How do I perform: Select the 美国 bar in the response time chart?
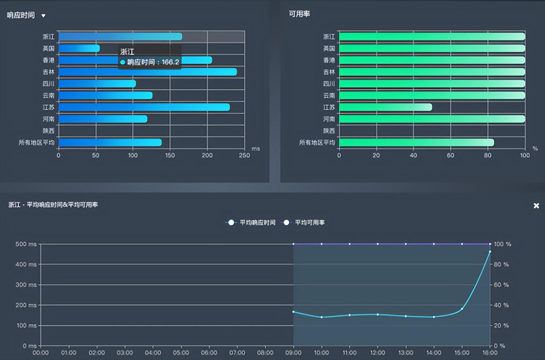click(x=78, y=48)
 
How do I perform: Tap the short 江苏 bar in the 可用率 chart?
click(x=385, y=107)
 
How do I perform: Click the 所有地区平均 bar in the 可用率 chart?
click(x=416, y=142)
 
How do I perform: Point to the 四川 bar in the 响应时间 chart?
click(x=97, y=84)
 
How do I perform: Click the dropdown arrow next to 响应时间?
click(x=43, y=16)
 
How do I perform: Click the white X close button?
click(x=536, y=206)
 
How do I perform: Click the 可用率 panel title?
click(x=299, y=14)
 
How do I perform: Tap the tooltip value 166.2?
click(x=171, y=62)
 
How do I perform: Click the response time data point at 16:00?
click(x=490, y=251)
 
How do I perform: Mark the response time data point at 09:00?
click(x=294, y=312)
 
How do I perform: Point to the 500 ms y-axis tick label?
click(x=26, y=244)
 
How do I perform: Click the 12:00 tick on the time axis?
click(x=377, y=353)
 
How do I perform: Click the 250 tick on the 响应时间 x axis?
click(x=244, y=156)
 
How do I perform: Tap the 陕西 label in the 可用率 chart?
click(x=329, y=131)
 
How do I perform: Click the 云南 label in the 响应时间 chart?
click(x=48, y=95)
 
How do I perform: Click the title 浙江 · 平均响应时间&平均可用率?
click(x=53, y=205)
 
